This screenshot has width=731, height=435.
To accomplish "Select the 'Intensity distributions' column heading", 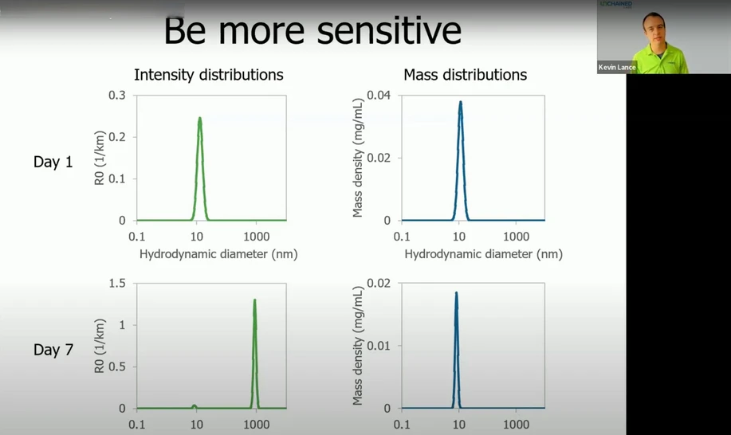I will (x=208, y=75).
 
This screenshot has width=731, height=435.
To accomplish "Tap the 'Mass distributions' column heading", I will (x=465, y=75).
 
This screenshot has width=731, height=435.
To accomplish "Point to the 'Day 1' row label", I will (x=53, y=162).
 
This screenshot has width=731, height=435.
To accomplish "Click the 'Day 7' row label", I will (x=53, y=350).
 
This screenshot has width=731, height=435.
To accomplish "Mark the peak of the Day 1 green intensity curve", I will (x=199, y=119).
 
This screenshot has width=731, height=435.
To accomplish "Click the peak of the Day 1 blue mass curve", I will (x=460, y=102).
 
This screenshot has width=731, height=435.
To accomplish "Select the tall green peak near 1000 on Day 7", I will (x=254, y=300).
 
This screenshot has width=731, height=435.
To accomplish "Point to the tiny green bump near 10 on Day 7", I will (x=194, y=406).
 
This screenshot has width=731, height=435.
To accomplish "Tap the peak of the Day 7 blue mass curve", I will (x=456, y=292).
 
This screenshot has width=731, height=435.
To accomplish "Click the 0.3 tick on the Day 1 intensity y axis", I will (x=117, y=95).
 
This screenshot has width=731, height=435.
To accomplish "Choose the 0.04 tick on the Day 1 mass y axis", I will (x=379, y=95).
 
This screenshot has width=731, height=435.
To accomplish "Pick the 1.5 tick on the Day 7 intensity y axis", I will (x=117, y=283).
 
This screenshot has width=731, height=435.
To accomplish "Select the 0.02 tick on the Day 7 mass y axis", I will (x=379, y=283).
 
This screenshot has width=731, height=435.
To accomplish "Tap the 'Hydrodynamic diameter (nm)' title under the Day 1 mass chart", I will (x=483, y=254).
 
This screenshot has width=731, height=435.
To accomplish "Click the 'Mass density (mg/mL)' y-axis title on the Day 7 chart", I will (x=358, y=345).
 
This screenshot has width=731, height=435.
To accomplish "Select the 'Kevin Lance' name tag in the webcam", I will (x=617, y=68).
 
